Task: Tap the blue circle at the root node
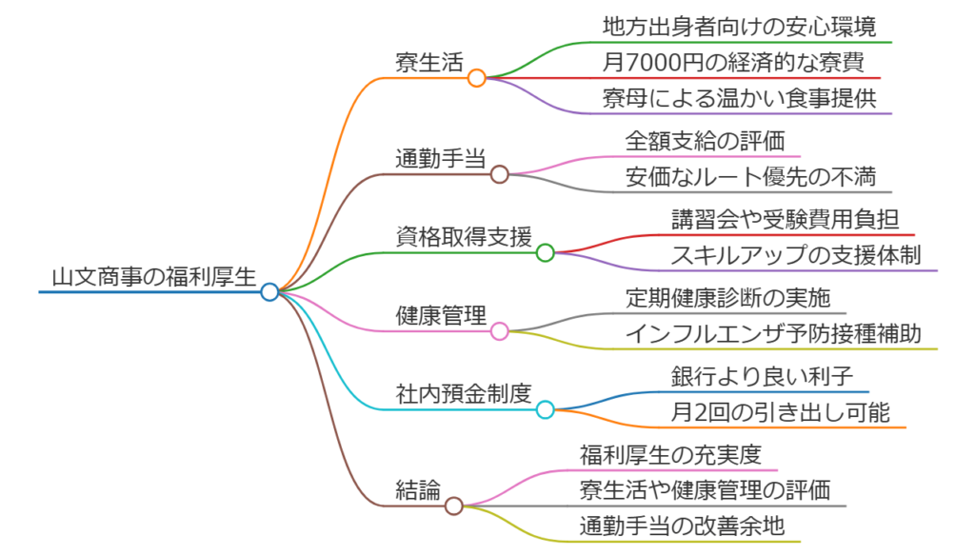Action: (x=269, y=291)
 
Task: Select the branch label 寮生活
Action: (x=429, y=63)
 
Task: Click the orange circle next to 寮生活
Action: (x=477, y=78)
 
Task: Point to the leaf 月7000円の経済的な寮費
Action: (x=733, y=63)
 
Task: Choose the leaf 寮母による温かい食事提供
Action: (x=739, y=98)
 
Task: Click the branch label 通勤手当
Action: (x=441, y=158)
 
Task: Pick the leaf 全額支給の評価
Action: (x=705, y=141)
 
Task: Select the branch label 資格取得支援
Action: (x=464, y=237)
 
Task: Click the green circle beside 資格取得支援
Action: (x=545, y=252)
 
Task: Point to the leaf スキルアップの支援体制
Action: (x=796, y=255)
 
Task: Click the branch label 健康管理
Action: (x=441, y=316)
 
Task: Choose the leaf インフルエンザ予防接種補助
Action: (x=773, y=333)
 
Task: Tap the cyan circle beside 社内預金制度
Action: (x=545, y=409)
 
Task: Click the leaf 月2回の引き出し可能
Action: (x=779, y=412)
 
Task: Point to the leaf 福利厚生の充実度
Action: (x=670, y=455)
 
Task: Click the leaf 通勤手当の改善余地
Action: (x=682, y=525)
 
